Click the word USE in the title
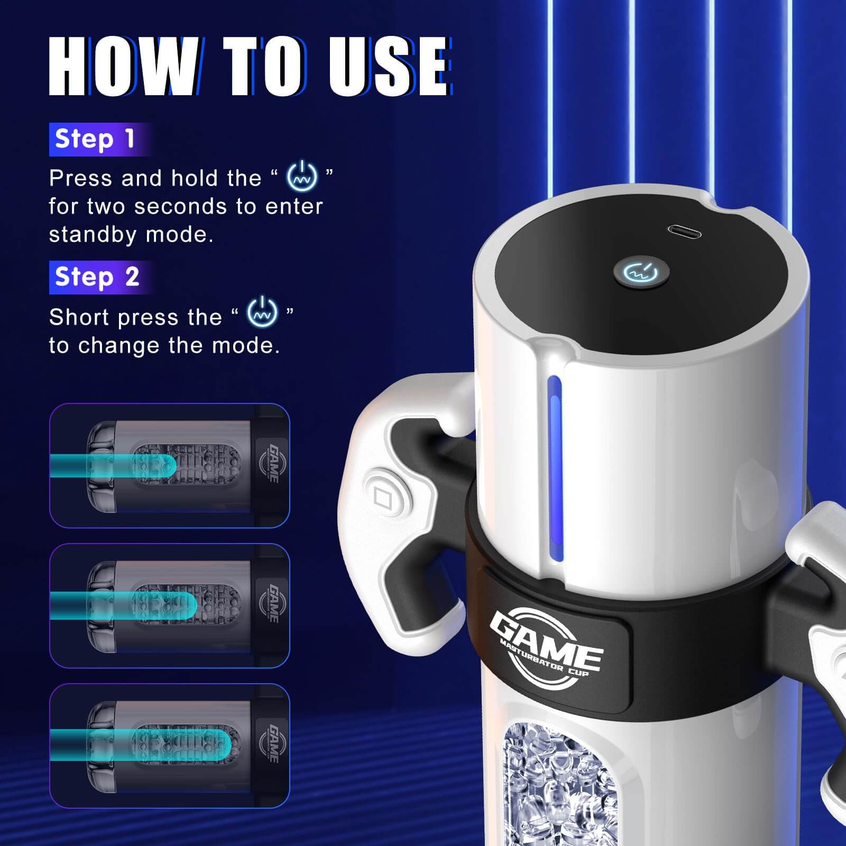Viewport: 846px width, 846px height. pos(389,67)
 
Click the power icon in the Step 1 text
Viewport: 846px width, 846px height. pos(302,176)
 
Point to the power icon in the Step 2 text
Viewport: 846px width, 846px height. pos(262,312)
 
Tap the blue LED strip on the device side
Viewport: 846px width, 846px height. pos(554,465)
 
